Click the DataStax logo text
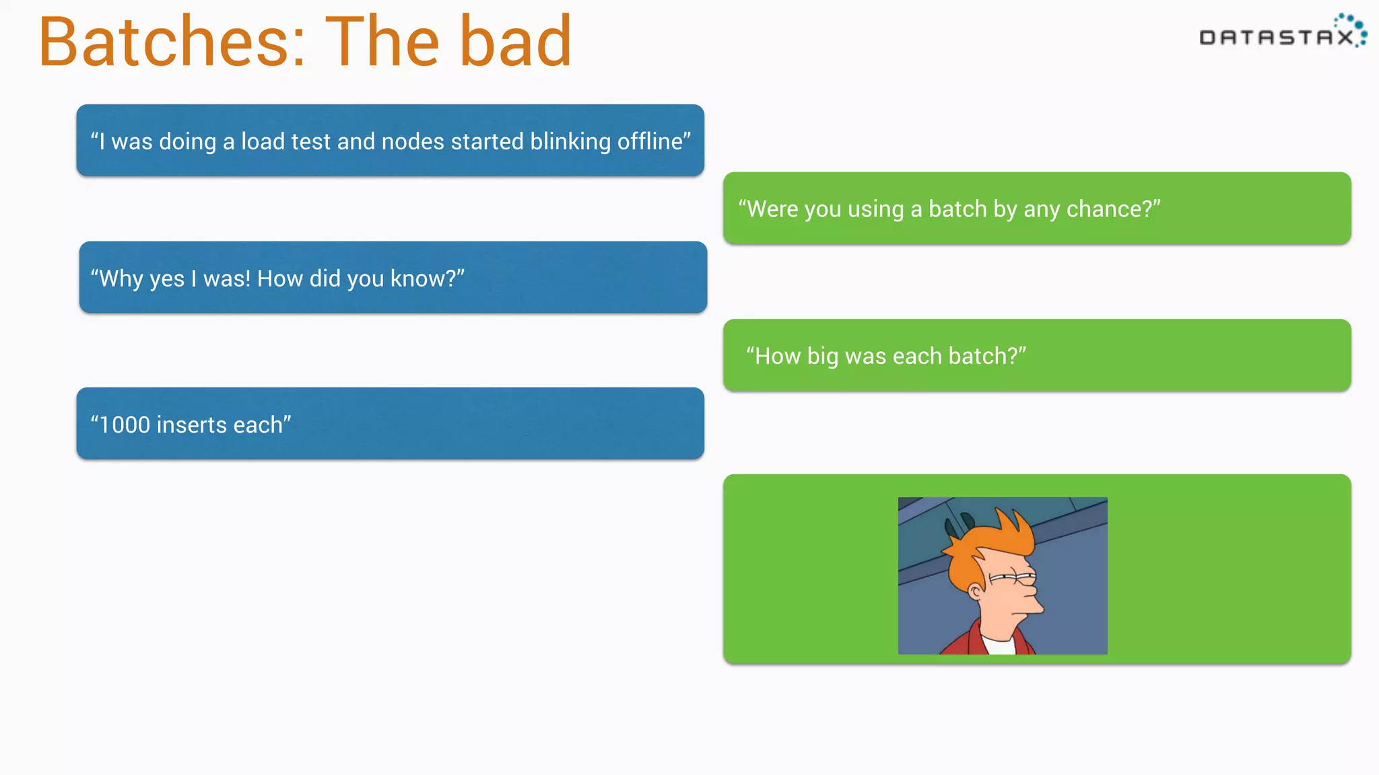point(1276,38)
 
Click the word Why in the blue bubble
point(121,279)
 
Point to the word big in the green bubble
point(822,356)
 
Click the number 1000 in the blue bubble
point(124,425)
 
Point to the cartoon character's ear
point(974,591)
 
